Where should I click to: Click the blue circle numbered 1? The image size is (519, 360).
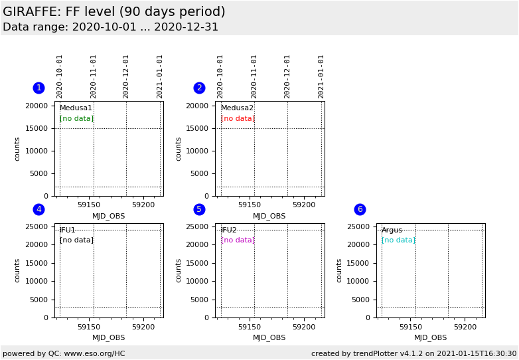[38, 88]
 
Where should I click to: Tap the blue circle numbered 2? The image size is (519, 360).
[199, 88]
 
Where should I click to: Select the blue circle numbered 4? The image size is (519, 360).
[38, 209]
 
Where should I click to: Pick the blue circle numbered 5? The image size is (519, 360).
[199, 209]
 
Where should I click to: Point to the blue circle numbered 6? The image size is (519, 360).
[360, 209]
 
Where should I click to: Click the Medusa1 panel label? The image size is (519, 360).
[76, 108]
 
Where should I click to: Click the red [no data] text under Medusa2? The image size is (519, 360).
[238, 119]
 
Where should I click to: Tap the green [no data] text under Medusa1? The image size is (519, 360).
[76, 119]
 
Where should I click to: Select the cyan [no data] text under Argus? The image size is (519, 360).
[398, 240]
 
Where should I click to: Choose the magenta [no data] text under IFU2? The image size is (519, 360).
[238, 240]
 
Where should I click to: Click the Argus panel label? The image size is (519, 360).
[392, 230]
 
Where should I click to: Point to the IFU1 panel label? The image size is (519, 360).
[67, 230]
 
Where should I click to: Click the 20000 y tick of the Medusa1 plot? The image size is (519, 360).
[37, 106]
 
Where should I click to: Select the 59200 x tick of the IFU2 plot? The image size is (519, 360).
[304, 327]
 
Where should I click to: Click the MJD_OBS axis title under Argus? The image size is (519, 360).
[430, 338]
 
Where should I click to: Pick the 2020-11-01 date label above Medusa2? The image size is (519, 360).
[254, 76]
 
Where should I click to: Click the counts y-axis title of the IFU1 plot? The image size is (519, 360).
[18, 270]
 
